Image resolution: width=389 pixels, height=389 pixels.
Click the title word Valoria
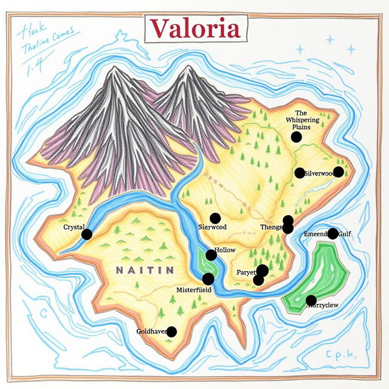(x=194, y=29)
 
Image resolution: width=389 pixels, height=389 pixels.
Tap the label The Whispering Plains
(x=301, y=120)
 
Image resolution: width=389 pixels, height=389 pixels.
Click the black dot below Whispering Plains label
(x=296, y=137)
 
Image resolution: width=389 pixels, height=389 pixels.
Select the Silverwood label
(x=318, y=173)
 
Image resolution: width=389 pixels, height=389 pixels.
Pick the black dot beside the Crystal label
(x=87, y=234)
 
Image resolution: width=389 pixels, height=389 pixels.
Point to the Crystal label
(x=74, y=227)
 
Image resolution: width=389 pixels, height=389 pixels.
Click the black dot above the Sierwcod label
(x=215, y=218)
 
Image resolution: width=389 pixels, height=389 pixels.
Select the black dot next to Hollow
(x=211, y=255)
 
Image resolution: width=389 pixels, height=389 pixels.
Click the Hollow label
(x=225, y=250)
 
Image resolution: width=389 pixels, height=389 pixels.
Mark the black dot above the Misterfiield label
(x=208, y=279)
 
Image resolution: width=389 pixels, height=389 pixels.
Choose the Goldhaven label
(x=152, y=332)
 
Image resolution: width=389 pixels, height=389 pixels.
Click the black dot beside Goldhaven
(x=171, y=331)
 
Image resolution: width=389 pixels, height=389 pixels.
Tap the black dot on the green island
(x=311, y=300)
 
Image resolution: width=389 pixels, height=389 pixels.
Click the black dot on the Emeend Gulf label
(x=332, y=233)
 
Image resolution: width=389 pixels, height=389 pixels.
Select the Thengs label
(x=270, y=227)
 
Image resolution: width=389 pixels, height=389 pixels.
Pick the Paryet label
(x=246, y=273)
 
